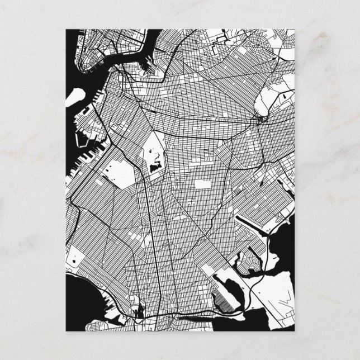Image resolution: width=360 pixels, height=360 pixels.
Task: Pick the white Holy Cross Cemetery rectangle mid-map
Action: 201,185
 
